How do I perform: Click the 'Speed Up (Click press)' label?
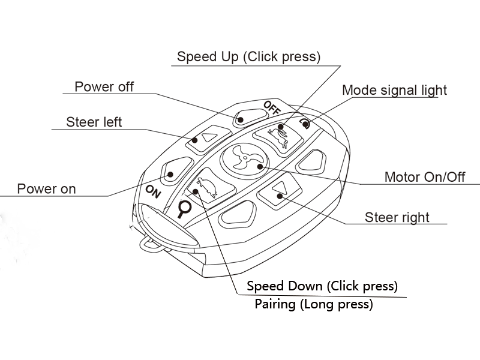click(248, 57)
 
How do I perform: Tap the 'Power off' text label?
click(104, 86)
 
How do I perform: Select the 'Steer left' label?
click(94, 122)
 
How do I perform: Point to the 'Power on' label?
click(47, 188)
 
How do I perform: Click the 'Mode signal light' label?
click(394, 91)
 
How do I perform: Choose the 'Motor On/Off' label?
click(425, 177)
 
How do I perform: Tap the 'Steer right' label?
click(397, 217)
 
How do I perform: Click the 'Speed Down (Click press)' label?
click(322, 286)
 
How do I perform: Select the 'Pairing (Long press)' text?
click(314, 304)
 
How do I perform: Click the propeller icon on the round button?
click(245, 158)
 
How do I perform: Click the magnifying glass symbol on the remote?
click(184, 209)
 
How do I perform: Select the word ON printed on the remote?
click(153, 192)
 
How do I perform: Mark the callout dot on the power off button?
click(241, 119)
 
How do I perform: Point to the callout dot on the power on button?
click(170, 175)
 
